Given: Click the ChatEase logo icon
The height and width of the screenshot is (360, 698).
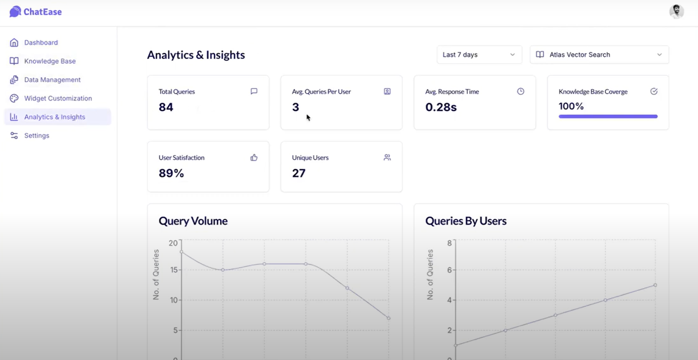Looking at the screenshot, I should (x=15, y=12).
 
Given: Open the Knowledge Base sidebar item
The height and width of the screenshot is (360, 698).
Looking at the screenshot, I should (x=50, y=61).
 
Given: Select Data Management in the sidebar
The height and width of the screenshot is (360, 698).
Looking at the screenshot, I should (x=52, y=80).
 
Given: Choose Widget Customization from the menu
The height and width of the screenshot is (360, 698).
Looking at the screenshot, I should (x=58, y=98).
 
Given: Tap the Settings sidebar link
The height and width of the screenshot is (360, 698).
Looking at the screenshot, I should (x=37, y=135).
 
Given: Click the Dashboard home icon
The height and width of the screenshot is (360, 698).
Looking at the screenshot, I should (x=14, y=43).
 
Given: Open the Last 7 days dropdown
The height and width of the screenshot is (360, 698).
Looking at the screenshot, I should (x=479, y=55).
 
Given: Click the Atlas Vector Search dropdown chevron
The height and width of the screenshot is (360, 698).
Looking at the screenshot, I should (x=659, y=55).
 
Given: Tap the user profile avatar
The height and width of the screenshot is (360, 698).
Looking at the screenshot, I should (x=676, y=11).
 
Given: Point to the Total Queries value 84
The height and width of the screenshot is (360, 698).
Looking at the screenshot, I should (x=166, y=107).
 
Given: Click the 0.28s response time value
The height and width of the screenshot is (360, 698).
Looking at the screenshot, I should (x=441, y=107).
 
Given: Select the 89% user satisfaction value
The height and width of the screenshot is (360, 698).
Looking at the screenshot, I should (x=171, y=173).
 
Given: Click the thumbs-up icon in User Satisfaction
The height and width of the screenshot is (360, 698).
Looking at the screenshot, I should (x=254, y=158).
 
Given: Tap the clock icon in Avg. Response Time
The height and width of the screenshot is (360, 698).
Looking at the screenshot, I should (x=521, y=92).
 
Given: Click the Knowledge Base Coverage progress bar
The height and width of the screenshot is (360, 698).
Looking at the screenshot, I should (x=608, y=116).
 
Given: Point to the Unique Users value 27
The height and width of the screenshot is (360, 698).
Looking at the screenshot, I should (x=299, y=173).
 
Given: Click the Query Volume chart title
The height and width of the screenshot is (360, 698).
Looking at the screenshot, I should (x=193, y=221).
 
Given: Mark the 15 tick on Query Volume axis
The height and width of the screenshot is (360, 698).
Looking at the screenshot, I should (x=174, y=270).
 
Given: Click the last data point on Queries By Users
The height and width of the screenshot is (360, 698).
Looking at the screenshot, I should (x=655, y=285).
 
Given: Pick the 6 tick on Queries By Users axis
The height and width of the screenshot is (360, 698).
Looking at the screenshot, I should (x=449, y=270).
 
